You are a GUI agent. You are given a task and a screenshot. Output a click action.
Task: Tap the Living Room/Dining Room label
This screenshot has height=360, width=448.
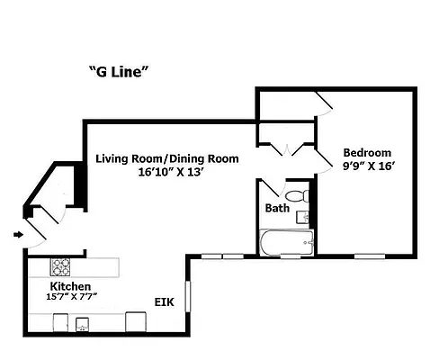(x=167, y=158)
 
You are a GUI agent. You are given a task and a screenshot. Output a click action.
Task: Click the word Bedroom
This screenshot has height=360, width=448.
(x=367, y=152)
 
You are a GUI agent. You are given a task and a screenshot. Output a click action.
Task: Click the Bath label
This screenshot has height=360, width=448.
(x=276, y=209)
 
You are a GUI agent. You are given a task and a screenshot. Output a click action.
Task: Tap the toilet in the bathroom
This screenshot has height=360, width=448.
(x=297, y=195)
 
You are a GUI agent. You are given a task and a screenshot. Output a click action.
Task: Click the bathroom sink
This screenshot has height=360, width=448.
(x=306, y=217)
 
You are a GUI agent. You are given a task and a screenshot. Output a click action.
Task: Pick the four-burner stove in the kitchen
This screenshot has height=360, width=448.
(x=60, y=267)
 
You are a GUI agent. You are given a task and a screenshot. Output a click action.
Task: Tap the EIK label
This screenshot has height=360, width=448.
(x=164, y=302)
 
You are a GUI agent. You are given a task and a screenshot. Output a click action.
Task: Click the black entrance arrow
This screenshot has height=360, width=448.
(x=18, y=236)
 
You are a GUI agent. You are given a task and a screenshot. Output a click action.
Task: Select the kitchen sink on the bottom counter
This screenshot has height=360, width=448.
(x=83, y=324)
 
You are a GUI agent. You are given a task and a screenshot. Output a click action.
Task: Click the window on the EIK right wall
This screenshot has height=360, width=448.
(x=188, y=296)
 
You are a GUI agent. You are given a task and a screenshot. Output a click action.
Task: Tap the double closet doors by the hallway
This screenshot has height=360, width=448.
(x=285, y=148)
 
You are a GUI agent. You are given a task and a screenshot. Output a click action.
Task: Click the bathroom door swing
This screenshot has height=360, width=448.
(x=268, y=191)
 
